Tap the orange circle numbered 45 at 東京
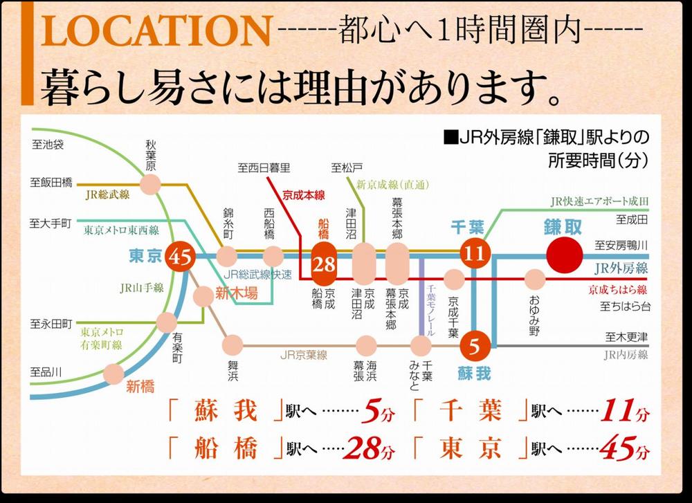pyautogui.click(x=184, y=257)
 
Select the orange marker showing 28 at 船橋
pyautogui.click(x=325, y=263)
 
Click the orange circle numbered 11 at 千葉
pyautogui.click(x=475, y=254)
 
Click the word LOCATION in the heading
pyautogui.click(x=154, y=34)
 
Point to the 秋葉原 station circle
pyautogui.click(x=150, y=184)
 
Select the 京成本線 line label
pyautogui.click(x=302, y=196)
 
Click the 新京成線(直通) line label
pyautogui.click(x=391, y=184)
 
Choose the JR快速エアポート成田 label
pyautogui.click(x=600, y=201)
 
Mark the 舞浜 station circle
pyautogui.click(x=233, y=342)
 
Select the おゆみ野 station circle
pyautogui.click(x=535, y=279)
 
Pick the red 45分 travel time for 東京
pyautogui.click(x=625, y=450)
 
